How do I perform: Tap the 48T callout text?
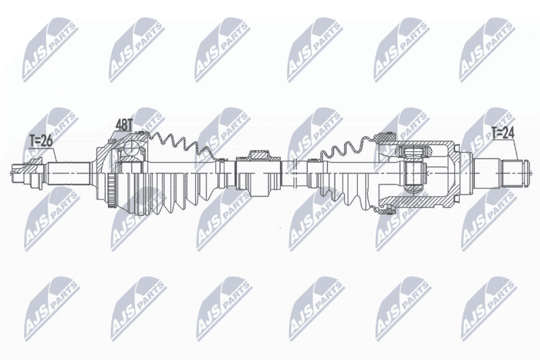pyautogui.click(x=124, y=126)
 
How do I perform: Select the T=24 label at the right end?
pyautogui.click(x=502, y=133)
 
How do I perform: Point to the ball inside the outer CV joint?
pyautogui.click(x=131, y=149)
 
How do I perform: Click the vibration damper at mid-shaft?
pyautogui.click(x=258, y=174)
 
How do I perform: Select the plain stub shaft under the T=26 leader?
pyautogui.click(x=68, y=174)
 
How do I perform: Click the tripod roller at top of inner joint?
pyautogui.click(x=413, y=151)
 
